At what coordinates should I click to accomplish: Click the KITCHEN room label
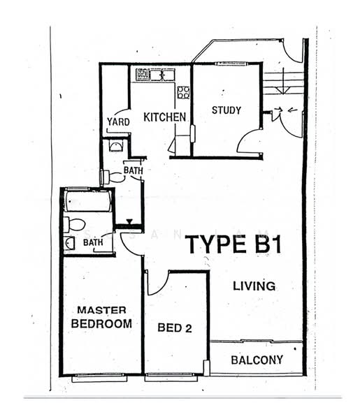(x=165, y=117)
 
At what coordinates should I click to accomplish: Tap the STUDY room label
(x=226, y=110)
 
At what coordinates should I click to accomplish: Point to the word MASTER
(x=101, y=310)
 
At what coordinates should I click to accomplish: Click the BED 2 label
(x=175, y=328)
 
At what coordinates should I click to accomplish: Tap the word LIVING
(x=254, y=286)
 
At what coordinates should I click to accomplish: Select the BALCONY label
(x=258, y=360)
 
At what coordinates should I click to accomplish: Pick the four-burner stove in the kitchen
(x=183, y=92)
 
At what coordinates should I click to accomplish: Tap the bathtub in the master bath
(x=87, y=203)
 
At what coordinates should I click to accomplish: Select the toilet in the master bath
(x=74, y=224)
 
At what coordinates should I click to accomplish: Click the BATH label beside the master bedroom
(x=93, y=243)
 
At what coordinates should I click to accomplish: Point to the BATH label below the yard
(x=133, y=170)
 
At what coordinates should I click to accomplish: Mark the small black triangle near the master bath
(x=129, y=221)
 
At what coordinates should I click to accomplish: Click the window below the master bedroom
(x=99, y=378)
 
